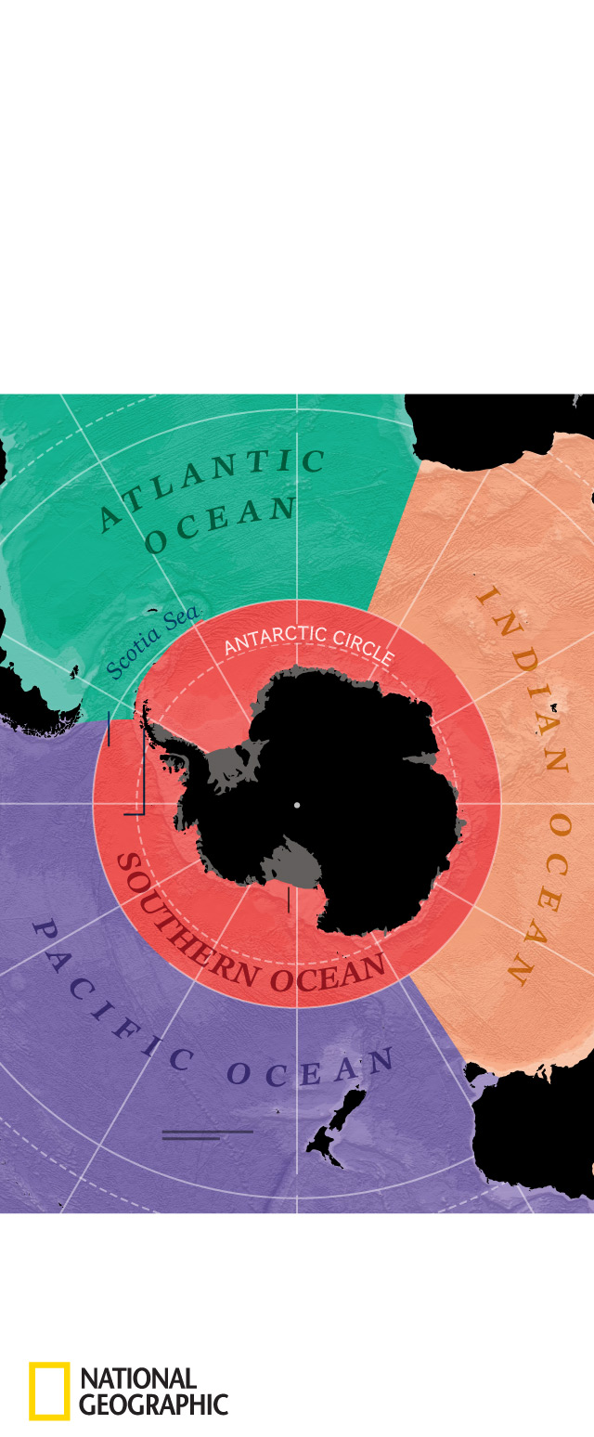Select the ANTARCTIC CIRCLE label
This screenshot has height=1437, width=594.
[309, 642]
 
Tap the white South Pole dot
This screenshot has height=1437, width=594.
[296, 805]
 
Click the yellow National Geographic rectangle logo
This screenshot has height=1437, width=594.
[49, 1391]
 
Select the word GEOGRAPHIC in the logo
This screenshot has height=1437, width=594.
[153, 1405]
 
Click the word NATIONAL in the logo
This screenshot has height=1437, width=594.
[138, 1378]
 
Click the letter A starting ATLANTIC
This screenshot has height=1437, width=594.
[110, 521]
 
